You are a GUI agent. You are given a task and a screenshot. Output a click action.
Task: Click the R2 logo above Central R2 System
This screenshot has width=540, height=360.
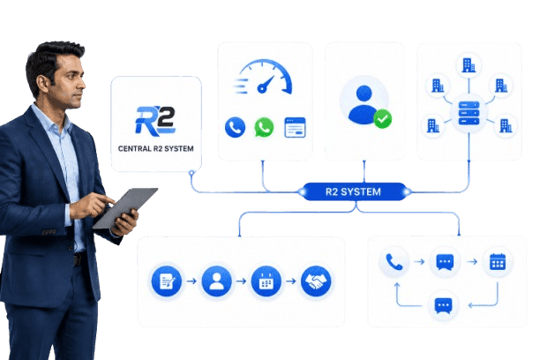[x=155, y=120]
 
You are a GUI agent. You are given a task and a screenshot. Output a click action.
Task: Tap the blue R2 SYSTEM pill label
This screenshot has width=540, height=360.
[x=353, y=191]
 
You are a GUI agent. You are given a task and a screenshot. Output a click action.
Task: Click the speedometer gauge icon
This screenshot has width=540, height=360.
[x=264, y=77]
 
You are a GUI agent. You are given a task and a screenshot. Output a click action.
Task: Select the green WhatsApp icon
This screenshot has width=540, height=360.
[x=264, y=127]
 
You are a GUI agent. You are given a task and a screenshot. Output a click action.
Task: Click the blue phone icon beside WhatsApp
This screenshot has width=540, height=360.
[x=236, y=127]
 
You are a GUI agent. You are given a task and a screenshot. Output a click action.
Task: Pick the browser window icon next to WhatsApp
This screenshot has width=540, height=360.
[x=295, y=127]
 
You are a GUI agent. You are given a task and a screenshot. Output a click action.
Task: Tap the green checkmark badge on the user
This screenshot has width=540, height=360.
[x=383, y=119]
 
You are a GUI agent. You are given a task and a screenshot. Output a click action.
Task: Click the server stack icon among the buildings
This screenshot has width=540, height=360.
[x=469, y=113]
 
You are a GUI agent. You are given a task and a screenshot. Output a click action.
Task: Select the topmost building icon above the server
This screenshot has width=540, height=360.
[x=469, y=65]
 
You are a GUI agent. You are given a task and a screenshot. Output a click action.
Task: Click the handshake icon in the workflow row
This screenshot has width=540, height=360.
[x=316, y=281]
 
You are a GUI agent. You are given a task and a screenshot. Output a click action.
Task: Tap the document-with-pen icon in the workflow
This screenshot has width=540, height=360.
[x=167, y=281]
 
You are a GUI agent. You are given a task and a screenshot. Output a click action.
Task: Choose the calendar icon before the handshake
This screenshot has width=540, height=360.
[x=266, y=281]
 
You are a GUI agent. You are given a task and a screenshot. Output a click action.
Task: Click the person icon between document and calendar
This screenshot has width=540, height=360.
[x=216, y=281]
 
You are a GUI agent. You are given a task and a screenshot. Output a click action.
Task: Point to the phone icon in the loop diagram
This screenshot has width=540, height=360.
[x=394, y=262]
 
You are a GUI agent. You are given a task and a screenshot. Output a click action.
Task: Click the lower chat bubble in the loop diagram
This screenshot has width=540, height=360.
[x=443, y=305]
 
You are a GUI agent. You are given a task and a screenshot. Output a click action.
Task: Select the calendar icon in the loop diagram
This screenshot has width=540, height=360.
[x=498, y=262]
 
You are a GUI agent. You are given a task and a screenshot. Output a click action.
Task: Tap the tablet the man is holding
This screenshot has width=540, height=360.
[x=124, y=207]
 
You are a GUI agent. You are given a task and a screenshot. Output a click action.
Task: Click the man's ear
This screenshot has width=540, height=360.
[x=42, y=84]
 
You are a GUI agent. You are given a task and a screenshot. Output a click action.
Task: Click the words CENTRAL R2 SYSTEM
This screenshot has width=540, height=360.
[x=155, y=148]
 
